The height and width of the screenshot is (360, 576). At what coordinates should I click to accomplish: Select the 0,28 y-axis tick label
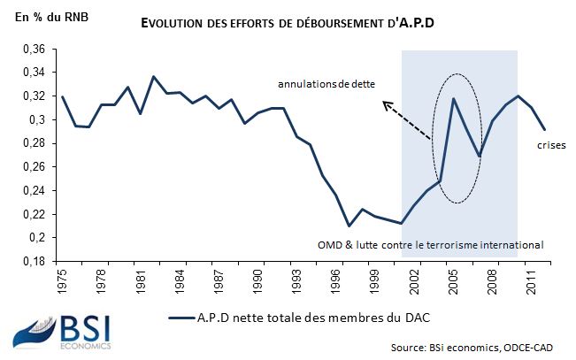pos(33,143)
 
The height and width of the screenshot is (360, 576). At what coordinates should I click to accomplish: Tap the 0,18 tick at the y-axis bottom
pos(33,262)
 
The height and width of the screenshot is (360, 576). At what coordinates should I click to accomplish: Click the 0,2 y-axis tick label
pos(36,238)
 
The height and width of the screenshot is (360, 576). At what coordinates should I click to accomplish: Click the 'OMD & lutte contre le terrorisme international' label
pos(429,244)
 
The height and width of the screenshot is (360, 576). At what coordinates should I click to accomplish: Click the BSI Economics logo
pos(61,334)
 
